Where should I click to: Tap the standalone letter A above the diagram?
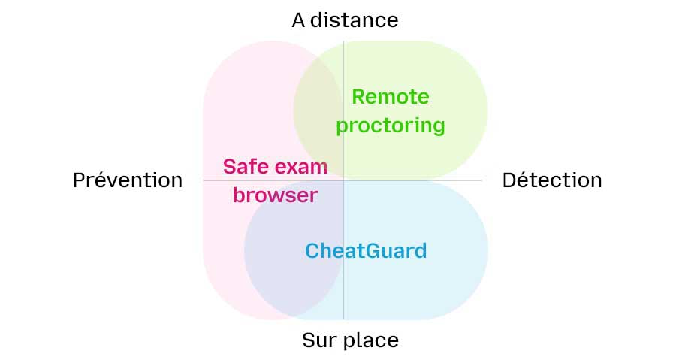299,20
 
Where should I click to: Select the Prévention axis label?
128,180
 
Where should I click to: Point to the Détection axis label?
552,180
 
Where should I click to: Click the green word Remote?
391,97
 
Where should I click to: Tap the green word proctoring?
391,126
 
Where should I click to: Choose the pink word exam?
304,166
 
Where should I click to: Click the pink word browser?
276,195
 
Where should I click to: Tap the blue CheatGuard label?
366,250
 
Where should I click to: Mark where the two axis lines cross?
343,180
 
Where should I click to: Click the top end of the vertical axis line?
343,43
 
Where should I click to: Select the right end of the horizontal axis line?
480,180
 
